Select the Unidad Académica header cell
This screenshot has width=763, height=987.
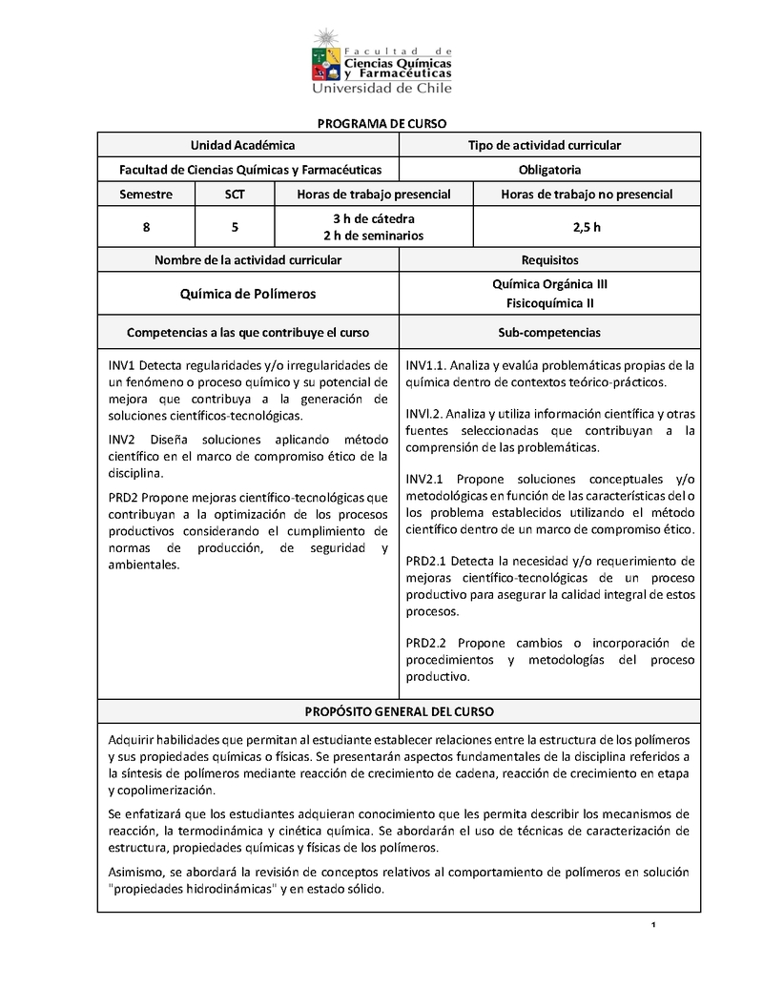(x=242, y=145)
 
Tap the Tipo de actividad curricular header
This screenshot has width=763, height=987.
(x=545, y=145)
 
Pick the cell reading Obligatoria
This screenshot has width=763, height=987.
(x=545, y=170)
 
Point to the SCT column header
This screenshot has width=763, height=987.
(x=235, y=195)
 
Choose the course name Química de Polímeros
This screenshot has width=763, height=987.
(x=248, y=295)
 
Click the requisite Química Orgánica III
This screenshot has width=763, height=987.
(x=549, y=284)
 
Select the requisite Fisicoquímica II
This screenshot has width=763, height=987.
(x=549, y=304)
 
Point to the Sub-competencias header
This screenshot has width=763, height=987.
(x=549, y=333)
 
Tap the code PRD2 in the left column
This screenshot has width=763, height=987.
(x=123, y=497)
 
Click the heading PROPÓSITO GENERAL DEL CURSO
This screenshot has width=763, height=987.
(x=399, y=712)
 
